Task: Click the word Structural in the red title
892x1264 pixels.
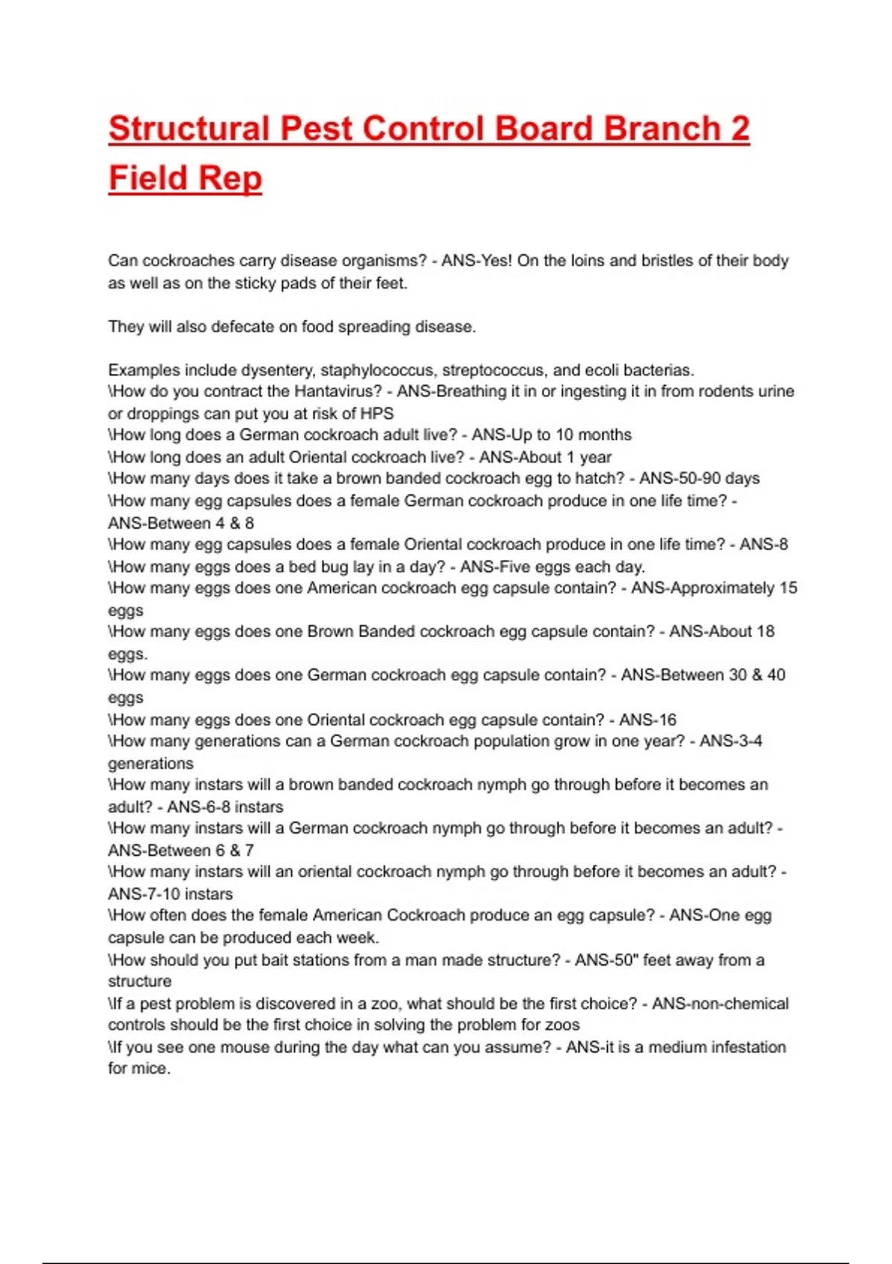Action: click(x=188, y=129)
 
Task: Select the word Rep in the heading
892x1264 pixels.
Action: click(x=230, y=178)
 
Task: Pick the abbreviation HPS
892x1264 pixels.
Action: click(x=377, y=413)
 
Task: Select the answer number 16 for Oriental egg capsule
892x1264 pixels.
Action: click(x=667, y=720)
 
